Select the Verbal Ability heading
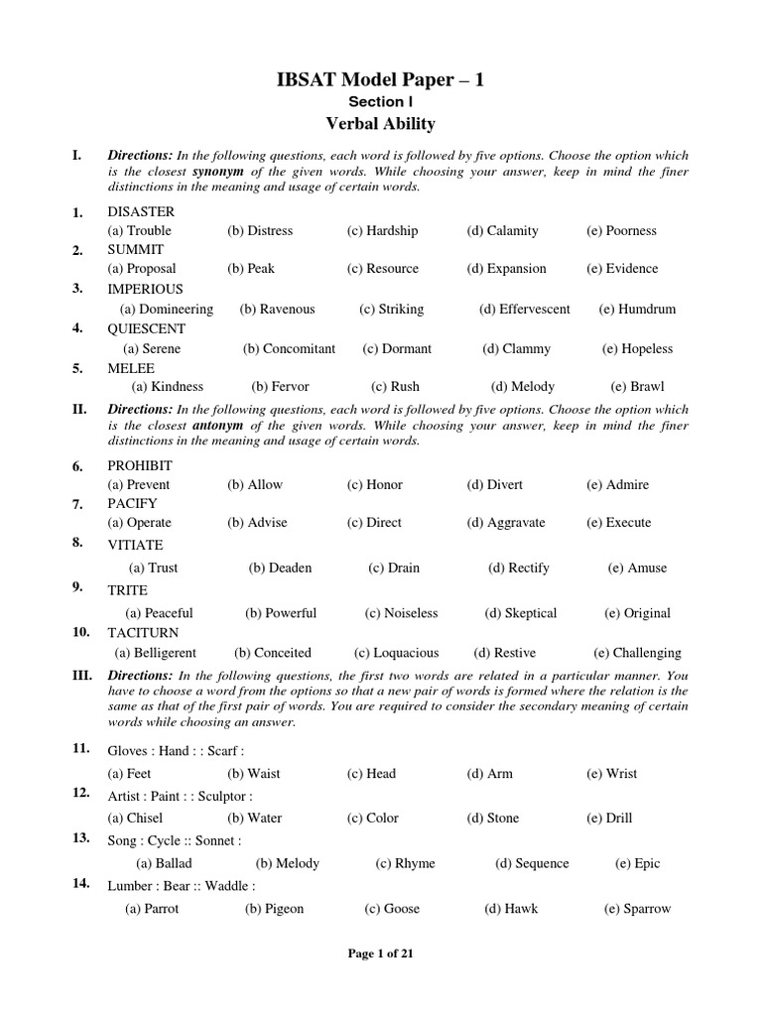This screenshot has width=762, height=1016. (x=381, y=124)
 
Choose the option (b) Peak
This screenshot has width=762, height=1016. (x=252, y=269)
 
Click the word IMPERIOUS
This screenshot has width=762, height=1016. (x=145, y=290)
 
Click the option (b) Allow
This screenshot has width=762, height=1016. (x=255, y=485)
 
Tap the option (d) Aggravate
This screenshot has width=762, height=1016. (x=506, y=523)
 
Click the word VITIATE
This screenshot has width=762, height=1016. (x=135, y=545)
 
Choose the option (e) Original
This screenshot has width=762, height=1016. (x=638, y=613)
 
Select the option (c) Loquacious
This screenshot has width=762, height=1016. (x=396, y=653)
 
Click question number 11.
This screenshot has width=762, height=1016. (x=81, y=748)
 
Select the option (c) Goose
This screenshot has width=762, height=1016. (x=393, y=909)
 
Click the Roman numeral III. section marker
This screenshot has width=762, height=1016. (x=83, y=675)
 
